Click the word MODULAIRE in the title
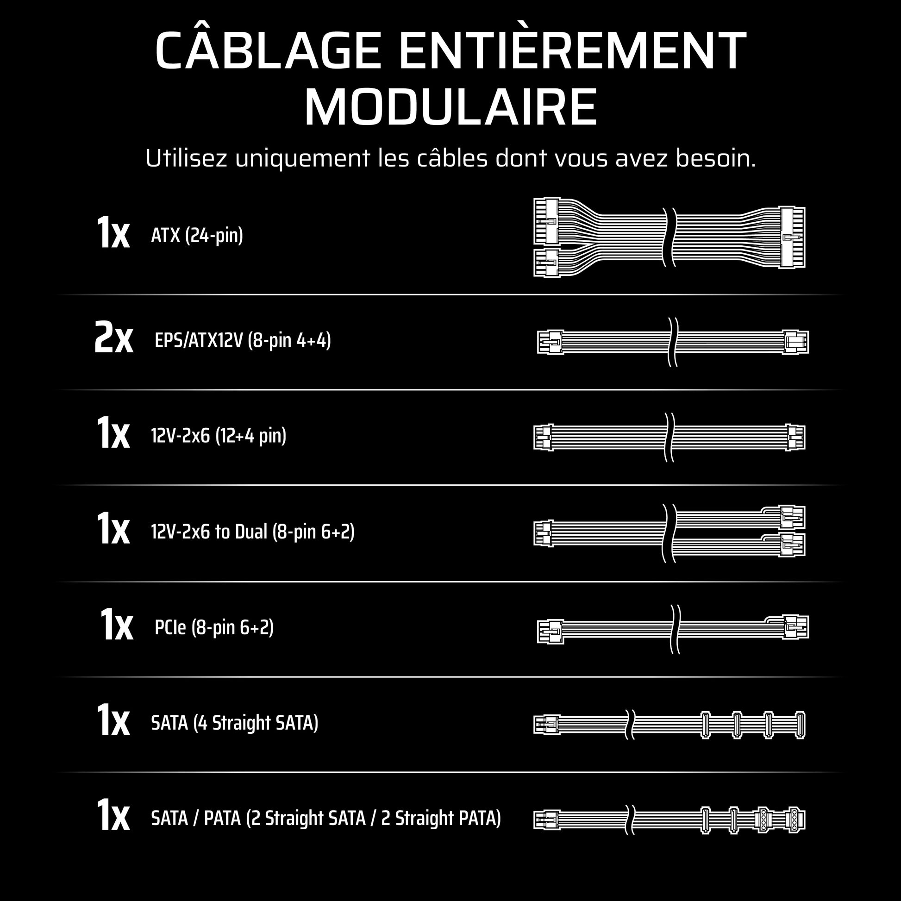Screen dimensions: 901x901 click(450, 107)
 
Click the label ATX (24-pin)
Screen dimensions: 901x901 click(197, 235)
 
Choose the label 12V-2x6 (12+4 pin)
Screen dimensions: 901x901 click(219, 436)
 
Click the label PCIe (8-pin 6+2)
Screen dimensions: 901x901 click(214, 627)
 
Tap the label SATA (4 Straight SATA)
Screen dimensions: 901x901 click(235, 723)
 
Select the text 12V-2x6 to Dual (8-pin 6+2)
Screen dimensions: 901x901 click(253, 532)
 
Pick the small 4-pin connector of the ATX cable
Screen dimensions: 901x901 click(546, 263)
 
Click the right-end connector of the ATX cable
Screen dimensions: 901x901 click(792, 238)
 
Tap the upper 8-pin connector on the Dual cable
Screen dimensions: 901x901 click(792, 517)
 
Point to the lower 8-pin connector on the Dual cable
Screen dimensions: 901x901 click(792, 544)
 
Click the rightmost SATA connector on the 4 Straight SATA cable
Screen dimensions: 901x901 click(800, 725)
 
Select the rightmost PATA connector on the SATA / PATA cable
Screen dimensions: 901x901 click(795, 820)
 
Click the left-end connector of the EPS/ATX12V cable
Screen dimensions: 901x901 click(551, 342)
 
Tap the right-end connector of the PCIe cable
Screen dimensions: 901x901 click(795, 627)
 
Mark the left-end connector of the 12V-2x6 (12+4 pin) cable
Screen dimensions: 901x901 click(543, 437)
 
